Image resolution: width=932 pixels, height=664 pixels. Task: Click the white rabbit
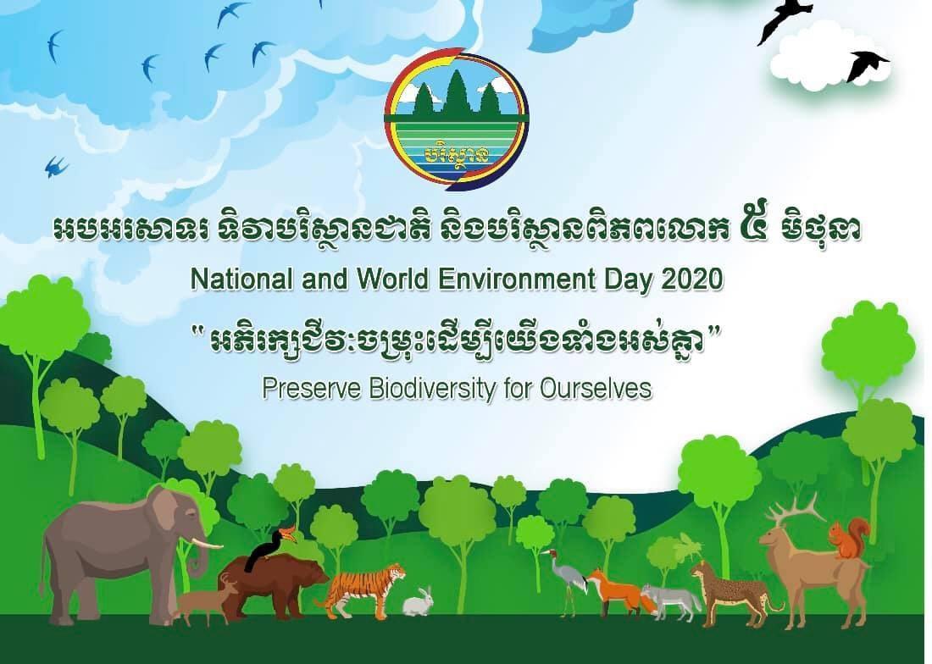418,602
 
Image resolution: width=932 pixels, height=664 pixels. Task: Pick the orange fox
619,591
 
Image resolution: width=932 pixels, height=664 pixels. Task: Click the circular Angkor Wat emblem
457,119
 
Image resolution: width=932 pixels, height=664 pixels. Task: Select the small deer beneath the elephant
206,599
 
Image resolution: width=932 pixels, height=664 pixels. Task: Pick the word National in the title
242,279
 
